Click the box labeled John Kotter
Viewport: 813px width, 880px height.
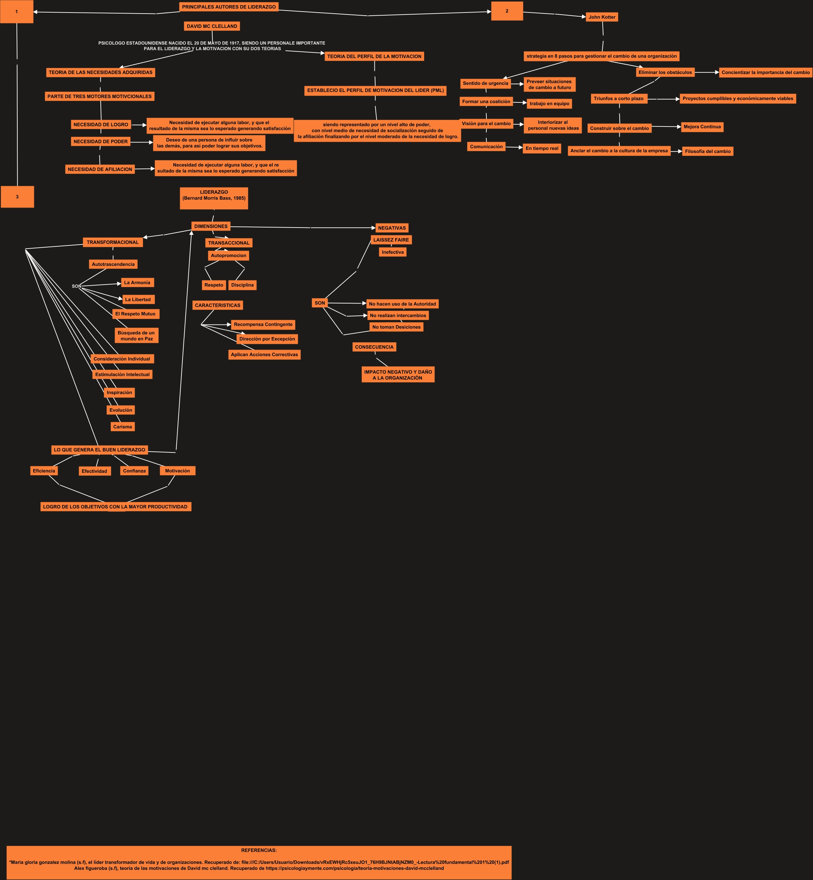click(x=602, y=17)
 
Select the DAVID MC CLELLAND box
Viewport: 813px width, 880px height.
click(x=212, y=26)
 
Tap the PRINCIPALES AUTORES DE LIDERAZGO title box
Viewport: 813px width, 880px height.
click(x=229, y=7)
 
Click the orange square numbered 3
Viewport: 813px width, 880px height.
click(x=17, y=197)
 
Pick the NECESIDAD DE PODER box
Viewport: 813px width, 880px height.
click(x=100, y=142)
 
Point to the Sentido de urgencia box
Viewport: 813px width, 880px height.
click(x=485, y=83)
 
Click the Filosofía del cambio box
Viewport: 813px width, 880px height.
click(x=708, y=151)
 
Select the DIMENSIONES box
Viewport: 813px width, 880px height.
click(x=211, y=227)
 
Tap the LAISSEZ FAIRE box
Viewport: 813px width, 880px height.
click(x=391, y=240)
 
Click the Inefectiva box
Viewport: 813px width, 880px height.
click(x=392, y=252)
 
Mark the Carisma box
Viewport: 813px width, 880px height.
click(x=122, y=427)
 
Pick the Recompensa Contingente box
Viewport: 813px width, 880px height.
click(x=263, y=325)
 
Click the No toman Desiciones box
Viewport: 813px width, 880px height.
click(x=396, y=327)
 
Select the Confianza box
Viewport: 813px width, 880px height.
click(x=134, y=471)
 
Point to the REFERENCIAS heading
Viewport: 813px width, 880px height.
click(x=259, y=850)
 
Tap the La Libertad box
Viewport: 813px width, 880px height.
click(x=138, y=299)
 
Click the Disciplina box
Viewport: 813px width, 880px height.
click(x=243, y=285)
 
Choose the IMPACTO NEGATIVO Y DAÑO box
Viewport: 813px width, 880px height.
click(x=398, y=375)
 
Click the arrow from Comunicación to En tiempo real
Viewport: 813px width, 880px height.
click(x=514, y=147)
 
